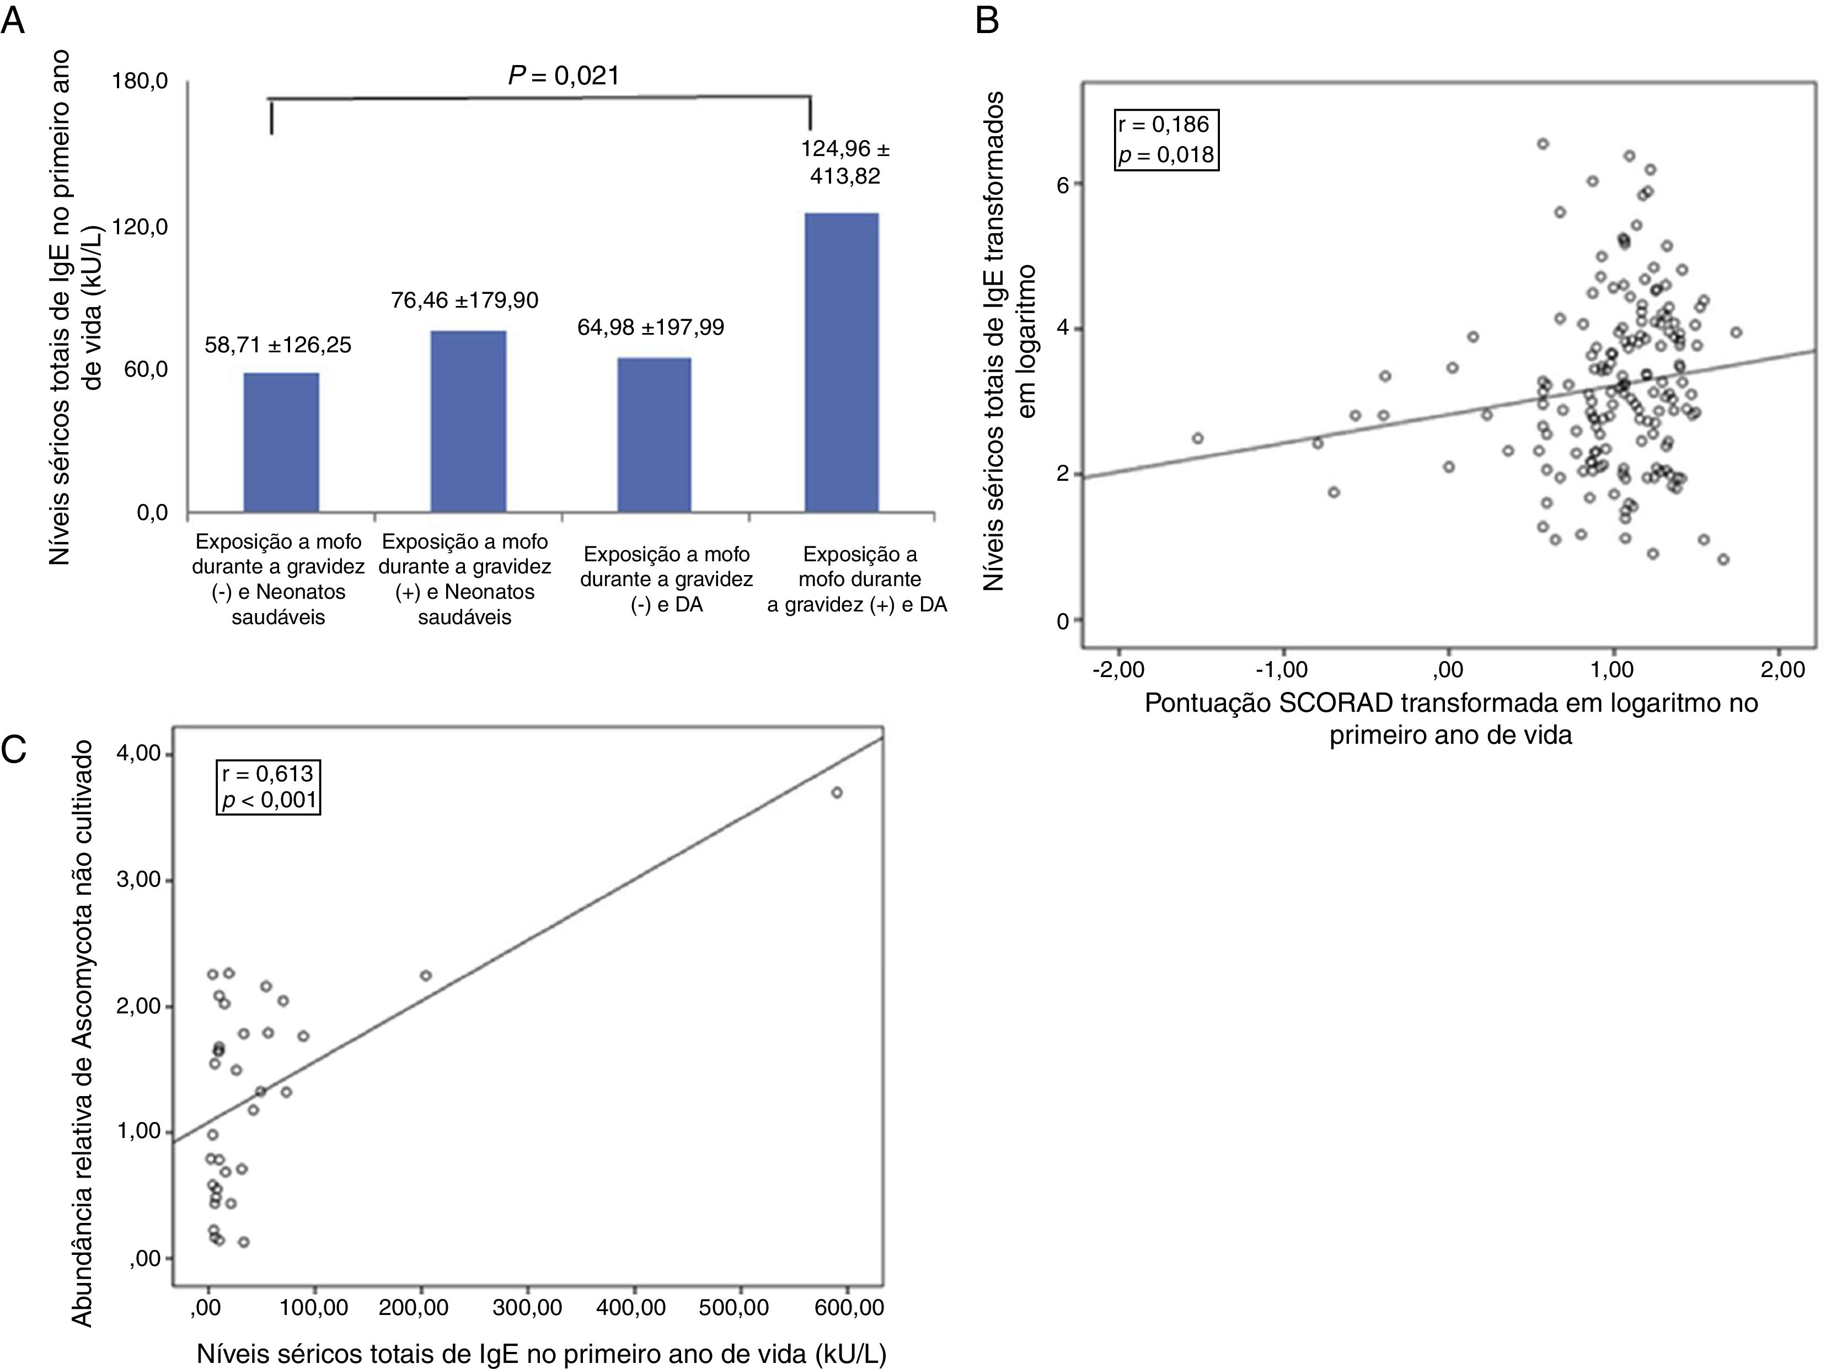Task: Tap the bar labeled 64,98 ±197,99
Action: (x=654, y=435)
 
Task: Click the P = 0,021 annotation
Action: (x=563, y=76)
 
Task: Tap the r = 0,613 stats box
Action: (x=267, y=786)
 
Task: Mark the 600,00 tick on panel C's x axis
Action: (x=849, y=1307)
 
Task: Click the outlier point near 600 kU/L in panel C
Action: (x=836, y=792)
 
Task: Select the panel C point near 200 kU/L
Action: (x=426, y=975)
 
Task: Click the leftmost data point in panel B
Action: (x=1198, y=438)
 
